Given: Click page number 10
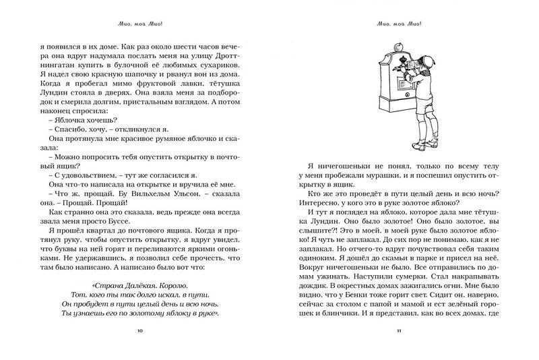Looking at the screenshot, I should [x=139, y=331].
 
